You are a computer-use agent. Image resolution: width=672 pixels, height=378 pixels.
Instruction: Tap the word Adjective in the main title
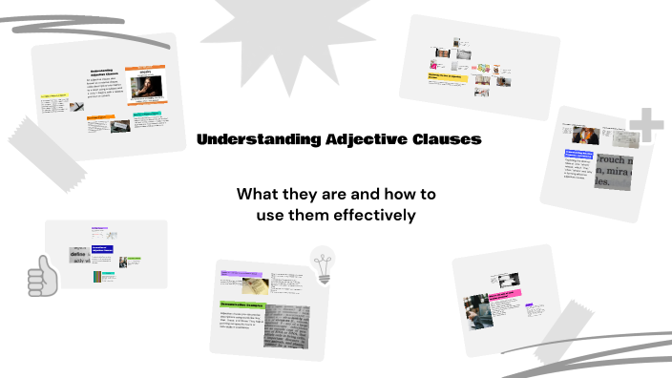coord(357,139)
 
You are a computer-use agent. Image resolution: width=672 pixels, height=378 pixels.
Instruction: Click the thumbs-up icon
coord(42,277)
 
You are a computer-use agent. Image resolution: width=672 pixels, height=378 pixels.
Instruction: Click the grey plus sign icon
coord(647,125)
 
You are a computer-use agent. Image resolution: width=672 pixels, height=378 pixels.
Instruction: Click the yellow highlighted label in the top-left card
coord(52,97)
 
